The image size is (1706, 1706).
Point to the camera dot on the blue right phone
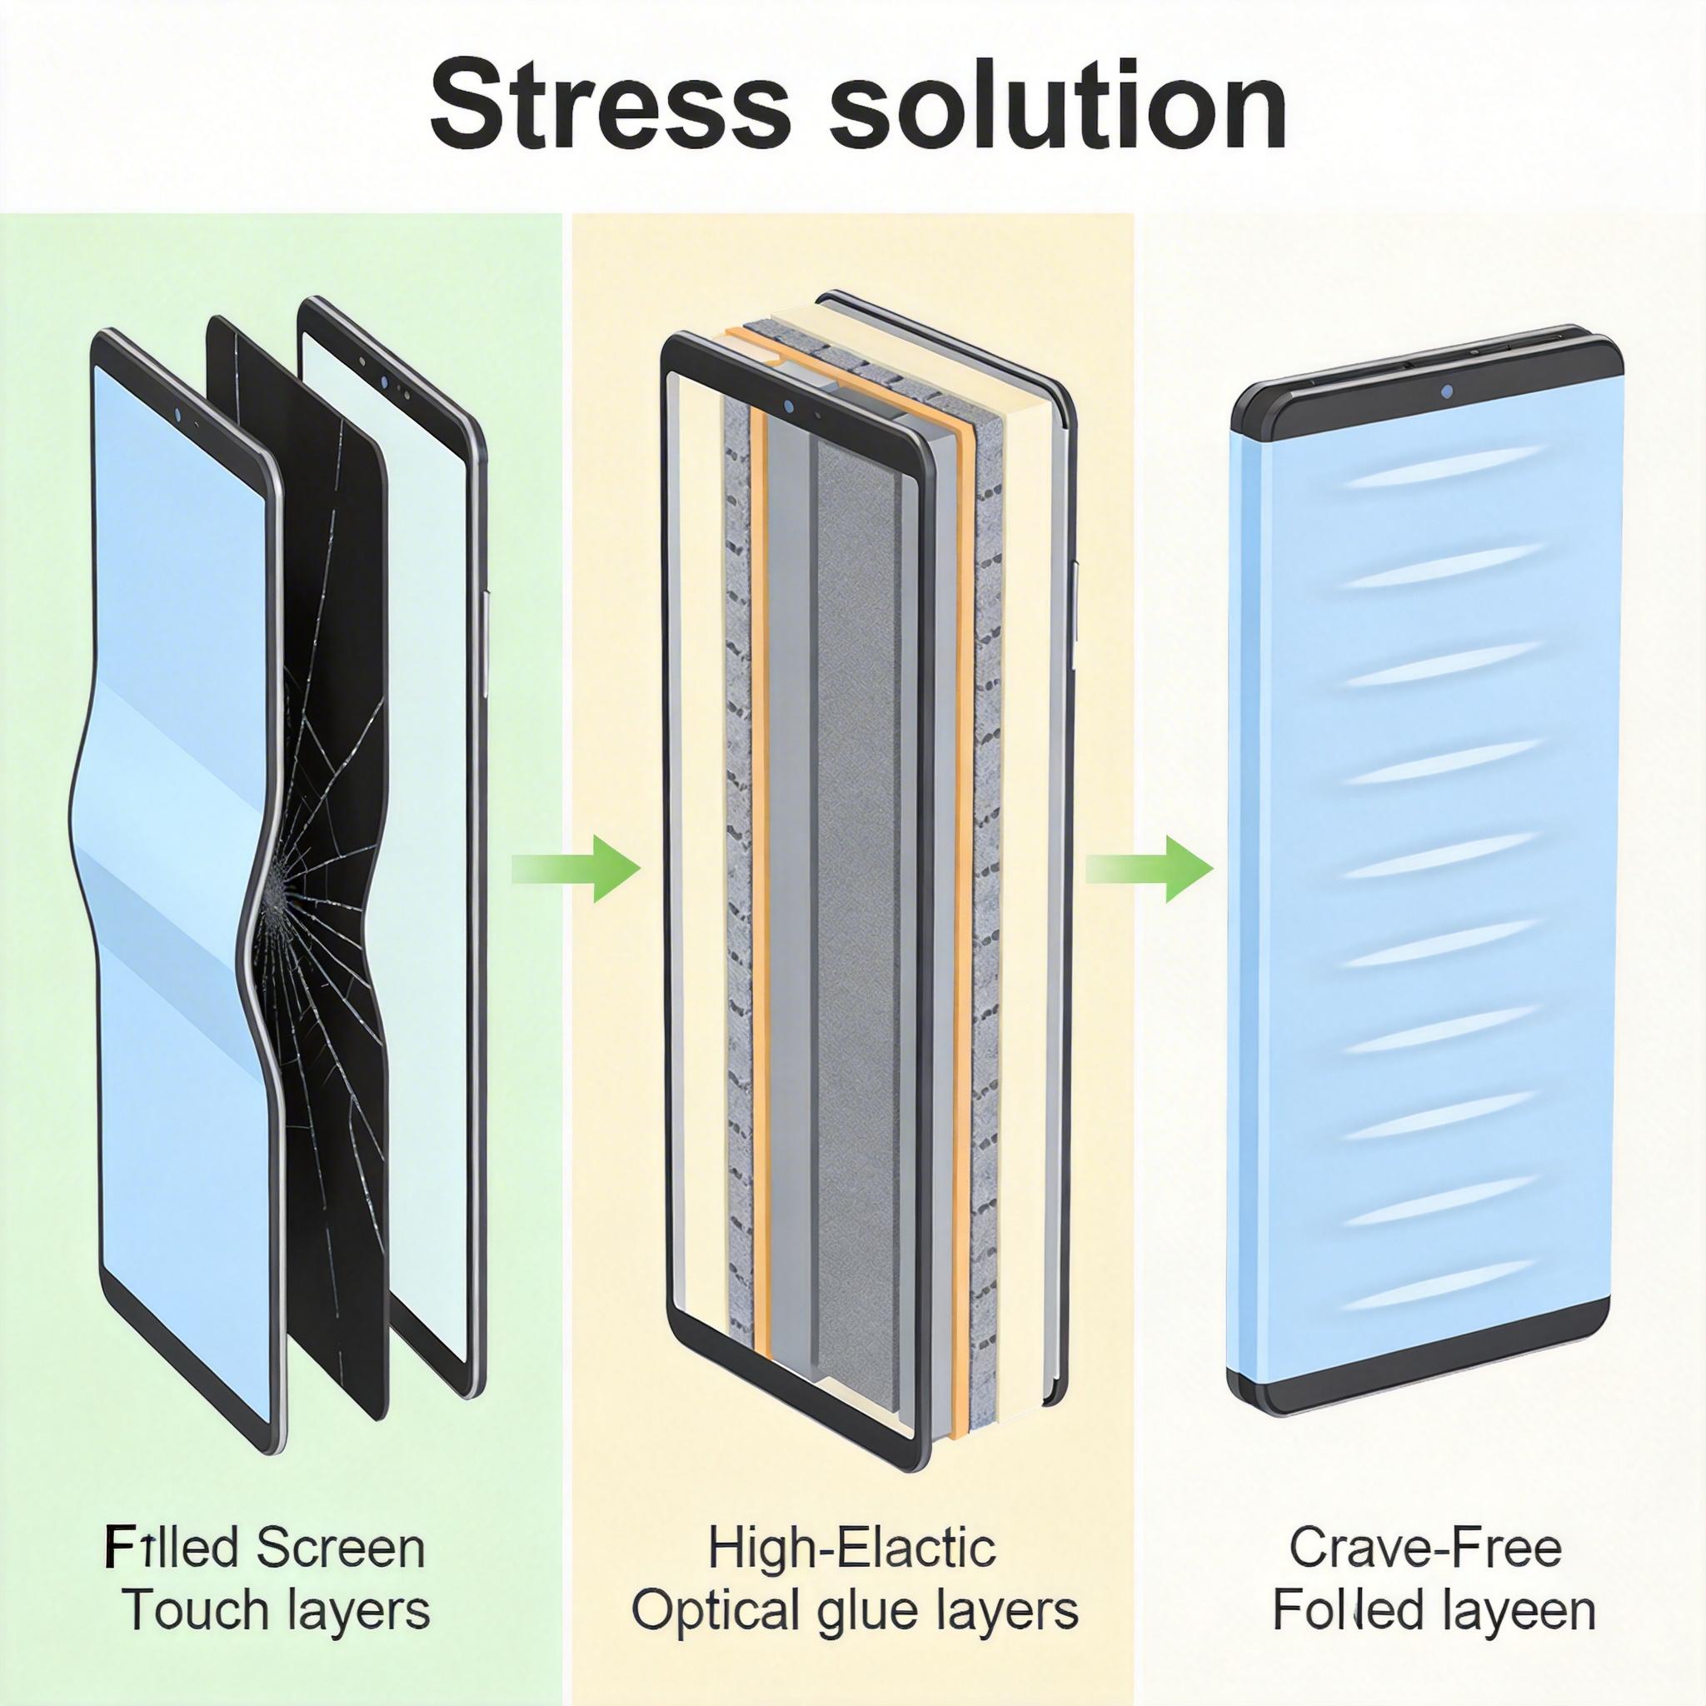(1446, 392)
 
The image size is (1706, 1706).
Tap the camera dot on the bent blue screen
(178, 413)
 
